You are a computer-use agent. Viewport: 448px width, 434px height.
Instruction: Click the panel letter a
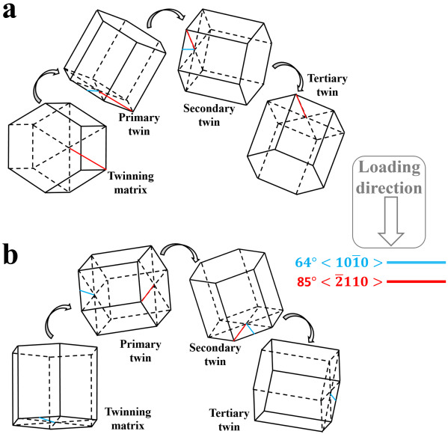9,11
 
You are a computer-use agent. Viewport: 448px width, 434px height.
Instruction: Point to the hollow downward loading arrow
390,221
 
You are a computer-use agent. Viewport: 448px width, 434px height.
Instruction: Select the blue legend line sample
417,262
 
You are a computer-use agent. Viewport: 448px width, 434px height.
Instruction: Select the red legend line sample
417,281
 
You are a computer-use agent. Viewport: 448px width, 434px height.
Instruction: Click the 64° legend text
305,262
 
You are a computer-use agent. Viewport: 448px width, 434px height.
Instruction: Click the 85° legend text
307,281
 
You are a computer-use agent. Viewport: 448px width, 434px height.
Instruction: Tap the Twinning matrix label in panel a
131,183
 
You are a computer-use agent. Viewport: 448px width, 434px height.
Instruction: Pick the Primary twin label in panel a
139,124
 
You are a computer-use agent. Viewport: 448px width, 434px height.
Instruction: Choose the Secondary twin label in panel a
209,115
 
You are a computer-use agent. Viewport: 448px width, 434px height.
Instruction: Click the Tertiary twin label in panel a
328,85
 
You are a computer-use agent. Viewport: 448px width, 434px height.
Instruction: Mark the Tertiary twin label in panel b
229,420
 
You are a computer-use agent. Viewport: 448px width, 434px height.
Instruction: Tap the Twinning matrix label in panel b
128,418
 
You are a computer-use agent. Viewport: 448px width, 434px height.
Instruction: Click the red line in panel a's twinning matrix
88,159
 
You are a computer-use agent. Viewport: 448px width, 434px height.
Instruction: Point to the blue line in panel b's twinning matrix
47,420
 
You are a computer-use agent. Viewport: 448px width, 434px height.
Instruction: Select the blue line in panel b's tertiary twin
333,397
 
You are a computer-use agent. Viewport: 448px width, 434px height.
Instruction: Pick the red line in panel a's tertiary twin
301,106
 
